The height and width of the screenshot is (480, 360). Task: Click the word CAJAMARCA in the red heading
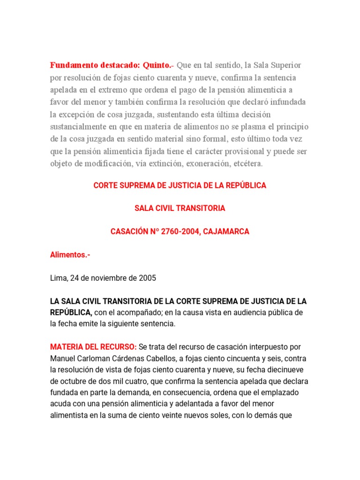coord(226,232)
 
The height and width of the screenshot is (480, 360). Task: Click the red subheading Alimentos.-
coord(70,255)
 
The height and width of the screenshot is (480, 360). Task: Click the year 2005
coord(147,278)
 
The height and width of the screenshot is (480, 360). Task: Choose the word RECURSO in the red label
coord(117,347)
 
